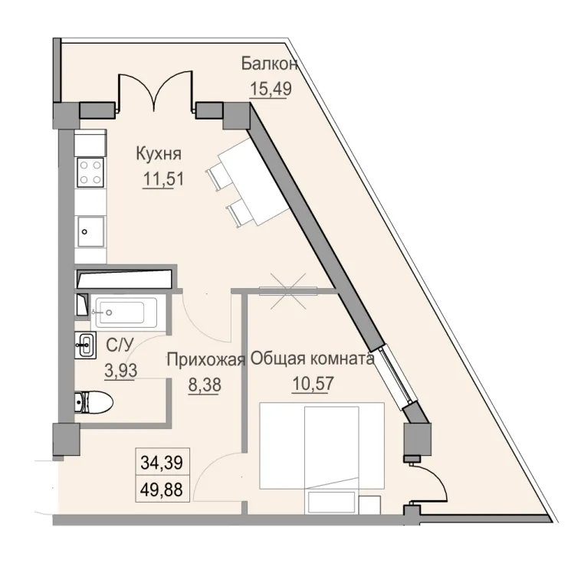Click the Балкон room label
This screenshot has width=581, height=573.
[269, 64]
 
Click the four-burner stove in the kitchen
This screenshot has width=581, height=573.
[91, 171]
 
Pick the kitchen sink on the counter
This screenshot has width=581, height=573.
[91, 229]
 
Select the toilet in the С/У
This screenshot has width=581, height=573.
[93, 401]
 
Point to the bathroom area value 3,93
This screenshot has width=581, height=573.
[120, 371]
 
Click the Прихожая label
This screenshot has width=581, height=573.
[205, 360]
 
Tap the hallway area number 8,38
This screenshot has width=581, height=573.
[204, 385]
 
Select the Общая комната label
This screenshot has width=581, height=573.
[312, 360]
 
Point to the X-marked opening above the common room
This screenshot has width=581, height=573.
[287, 289]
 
